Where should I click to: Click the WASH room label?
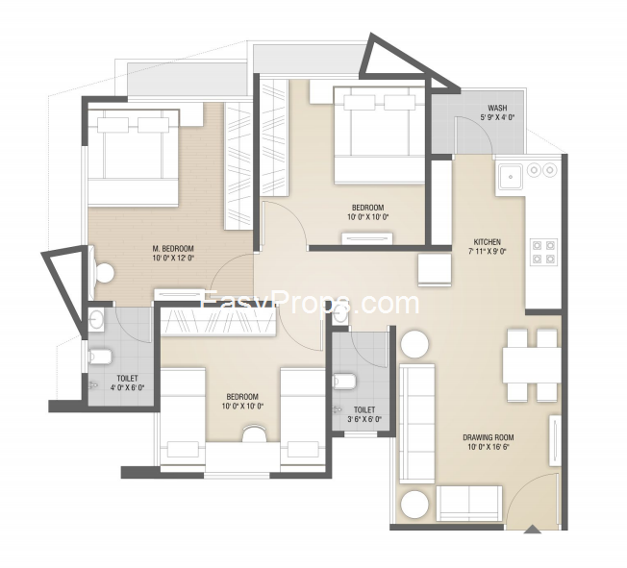pyautogui.click(x=497, y=108)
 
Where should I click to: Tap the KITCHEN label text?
pyautogui.click(x=487, y=242)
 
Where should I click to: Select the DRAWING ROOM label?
pyautogui.click(x=489, y=437)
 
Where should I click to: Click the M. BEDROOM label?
pyautogui.click(x=173, y=248)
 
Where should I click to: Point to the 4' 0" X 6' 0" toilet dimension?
pyautogui.click(x=127, y=387)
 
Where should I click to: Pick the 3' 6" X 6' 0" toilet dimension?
pyautogui.click(x=364, y=419)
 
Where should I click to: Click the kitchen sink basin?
pyautogui.click(x=510, y=176)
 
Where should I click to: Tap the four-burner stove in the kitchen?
pyautogui.click(x=544, y=252)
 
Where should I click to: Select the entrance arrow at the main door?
pyautogui.click(x=532, y=529)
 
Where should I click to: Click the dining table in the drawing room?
pyautogui.click(x=532, y=365)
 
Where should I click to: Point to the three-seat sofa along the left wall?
pyautogui.click(x=416, y=424)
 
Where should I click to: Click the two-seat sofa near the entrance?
pyautogui.click(x=469, y=503)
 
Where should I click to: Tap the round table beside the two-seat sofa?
pyautogui.click(x=414, y=504)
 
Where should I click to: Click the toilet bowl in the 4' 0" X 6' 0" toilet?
pyautogui.click(x=101, y=357)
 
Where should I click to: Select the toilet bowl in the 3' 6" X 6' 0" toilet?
pyautogui.click(x=344, y=381)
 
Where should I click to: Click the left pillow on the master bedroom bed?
pyautogui.click(x=113, y=125)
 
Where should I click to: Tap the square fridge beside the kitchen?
pyautogui.click(x=435, y=270)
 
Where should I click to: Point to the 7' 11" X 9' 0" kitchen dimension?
pyautogui.click(x=487, y=252)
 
